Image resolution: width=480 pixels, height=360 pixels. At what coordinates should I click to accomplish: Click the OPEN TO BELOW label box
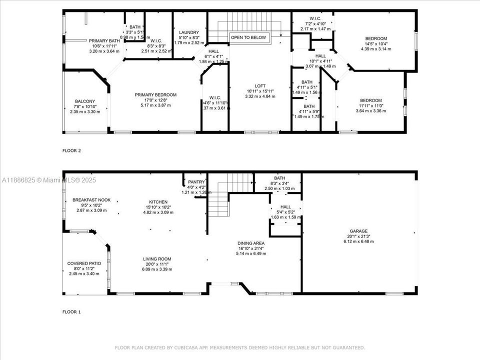pyautogui.click(x=249, y=37)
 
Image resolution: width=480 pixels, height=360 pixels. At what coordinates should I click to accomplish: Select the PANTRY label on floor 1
pyautogui.click(x=196, y=182)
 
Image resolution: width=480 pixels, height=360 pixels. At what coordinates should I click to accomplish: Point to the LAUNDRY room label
pyautogui.click(x=189, y=32)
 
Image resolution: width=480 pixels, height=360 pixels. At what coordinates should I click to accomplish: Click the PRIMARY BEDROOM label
pyautogui.click(x=155, y=95)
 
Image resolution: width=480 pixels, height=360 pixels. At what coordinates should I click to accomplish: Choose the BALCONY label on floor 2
pyautogui.click(x=85, y=101)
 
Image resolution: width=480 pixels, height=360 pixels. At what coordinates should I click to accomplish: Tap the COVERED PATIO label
pyautogui.click(x=84, y=263)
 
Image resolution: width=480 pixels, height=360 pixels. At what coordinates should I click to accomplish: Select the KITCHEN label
pyautogui.click(x=158, y=202)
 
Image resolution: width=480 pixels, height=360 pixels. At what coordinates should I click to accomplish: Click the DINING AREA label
pyautogui.click(x=252, y=243)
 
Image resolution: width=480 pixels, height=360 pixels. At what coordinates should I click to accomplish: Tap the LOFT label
pyautogui.click(x=260, y=85)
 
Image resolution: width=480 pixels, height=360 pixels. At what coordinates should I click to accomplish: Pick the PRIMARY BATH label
pyautogui.click(x=104, y=41)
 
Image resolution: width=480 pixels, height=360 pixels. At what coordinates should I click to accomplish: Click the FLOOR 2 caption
pyautogui.click(x=71, y=150)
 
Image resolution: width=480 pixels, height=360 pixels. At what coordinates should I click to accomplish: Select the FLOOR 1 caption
pyautogui.click(x=71, y=311)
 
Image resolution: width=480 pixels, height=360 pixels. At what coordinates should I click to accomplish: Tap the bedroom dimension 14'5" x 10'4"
pyautogui.click(x=376, y=44)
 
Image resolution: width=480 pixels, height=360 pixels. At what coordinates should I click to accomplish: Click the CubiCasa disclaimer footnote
pyautogui.click(x=240, y=347)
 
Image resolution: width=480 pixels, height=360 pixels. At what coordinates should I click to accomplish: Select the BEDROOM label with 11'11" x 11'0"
pyautogui.click(x=370, y=100)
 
